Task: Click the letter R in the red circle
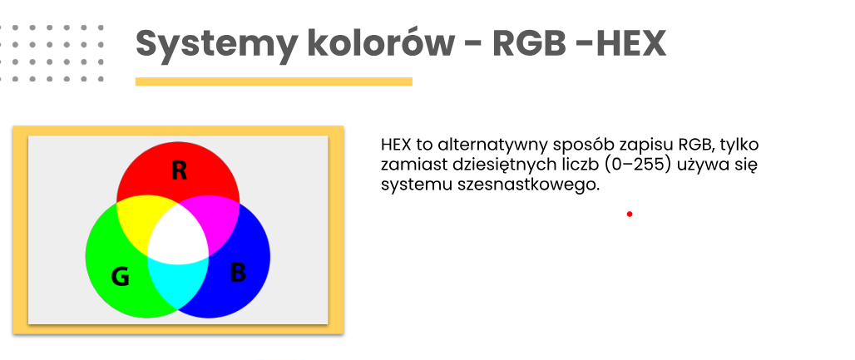(179, 170)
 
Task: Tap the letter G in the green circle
(120, 277)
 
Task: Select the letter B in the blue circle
(238, 273)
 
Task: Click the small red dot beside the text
(630, 214)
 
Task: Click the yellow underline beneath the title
(274, 81)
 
